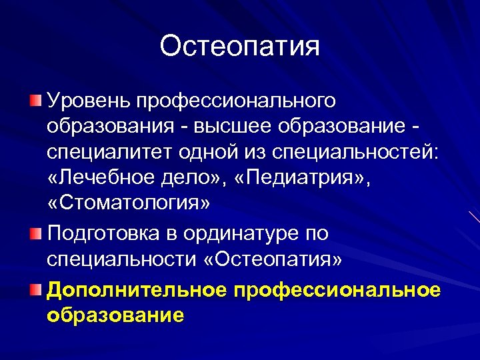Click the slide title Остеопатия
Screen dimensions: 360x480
240,46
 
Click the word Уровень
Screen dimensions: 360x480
88,101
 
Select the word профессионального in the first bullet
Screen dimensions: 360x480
236,101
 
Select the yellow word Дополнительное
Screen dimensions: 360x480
137,290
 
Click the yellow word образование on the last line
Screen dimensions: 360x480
115,315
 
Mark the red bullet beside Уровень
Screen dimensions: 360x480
35,101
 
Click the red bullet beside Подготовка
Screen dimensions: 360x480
35,234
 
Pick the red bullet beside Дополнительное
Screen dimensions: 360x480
35,290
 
